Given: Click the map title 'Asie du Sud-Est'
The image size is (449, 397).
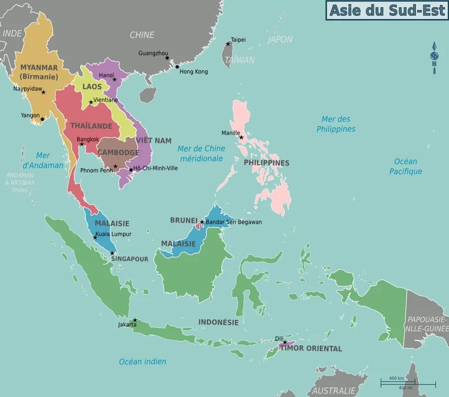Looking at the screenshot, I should click(386, 10).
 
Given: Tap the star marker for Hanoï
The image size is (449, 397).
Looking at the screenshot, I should click(114, 79).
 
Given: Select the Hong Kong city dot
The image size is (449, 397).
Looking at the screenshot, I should click(177, 66).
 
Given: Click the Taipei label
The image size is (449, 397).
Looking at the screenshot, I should click(238, 40).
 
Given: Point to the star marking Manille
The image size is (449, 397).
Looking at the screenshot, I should click(242, 137).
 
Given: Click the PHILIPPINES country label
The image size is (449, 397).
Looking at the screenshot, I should click(266, 163).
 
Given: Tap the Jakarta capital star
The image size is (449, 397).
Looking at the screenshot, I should click(135, 320).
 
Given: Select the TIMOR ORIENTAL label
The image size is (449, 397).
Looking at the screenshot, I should click(311, 348).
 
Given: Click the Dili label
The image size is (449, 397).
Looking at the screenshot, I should click(279, 339).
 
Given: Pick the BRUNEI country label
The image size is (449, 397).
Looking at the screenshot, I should click(184, 220).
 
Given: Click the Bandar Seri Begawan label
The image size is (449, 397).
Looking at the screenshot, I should click(234, 222).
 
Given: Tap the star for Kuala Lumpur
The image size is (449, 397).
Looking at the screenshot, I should click(95, 237).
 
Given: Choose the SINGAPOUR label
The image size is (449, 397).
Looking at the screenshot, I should click(129, 259).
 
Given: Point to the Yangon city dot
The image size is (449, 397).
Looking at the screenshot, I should click(42, 119).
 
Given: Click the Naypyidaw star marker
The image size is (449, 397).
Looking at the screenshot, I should click(43, 92).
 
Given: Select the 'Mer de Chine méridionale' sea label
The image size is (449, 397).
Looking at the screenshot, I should click(201, 153).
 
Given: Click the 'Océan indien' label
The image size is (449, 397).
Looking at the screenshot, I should click(142, 362).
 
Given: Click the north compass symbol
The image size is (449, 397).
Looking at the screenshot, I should click(434, 57).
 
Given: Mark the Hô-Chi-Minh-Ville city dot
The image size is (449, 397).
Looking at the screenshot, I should click(131, 170).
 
